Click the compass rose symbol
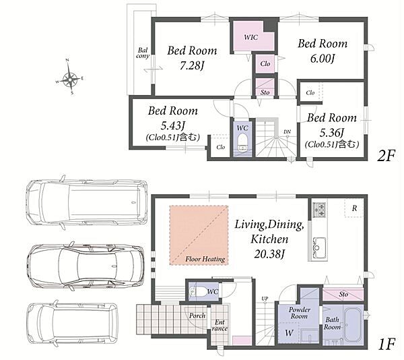[70, 78]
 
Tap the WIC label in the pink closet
[250, 37]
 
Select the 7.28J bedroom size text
[192, 66]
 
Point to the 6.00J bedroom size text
[323, 59]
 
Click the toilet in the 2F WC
[242, 142]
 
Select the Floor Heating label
[205, 259]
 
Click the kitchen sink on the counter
[318, 247]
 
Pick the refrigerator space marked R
[354, 208]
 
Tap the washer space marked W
[289, 332]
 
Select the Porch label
[197, 316]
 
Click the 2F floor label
[386, 156]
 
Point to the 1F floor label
[386, 344]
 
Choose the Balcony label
[143, 53]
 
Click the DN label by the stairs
[287, 131]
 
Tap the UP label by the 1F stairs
[265, 299]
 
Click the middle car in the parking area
[86, 266]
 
